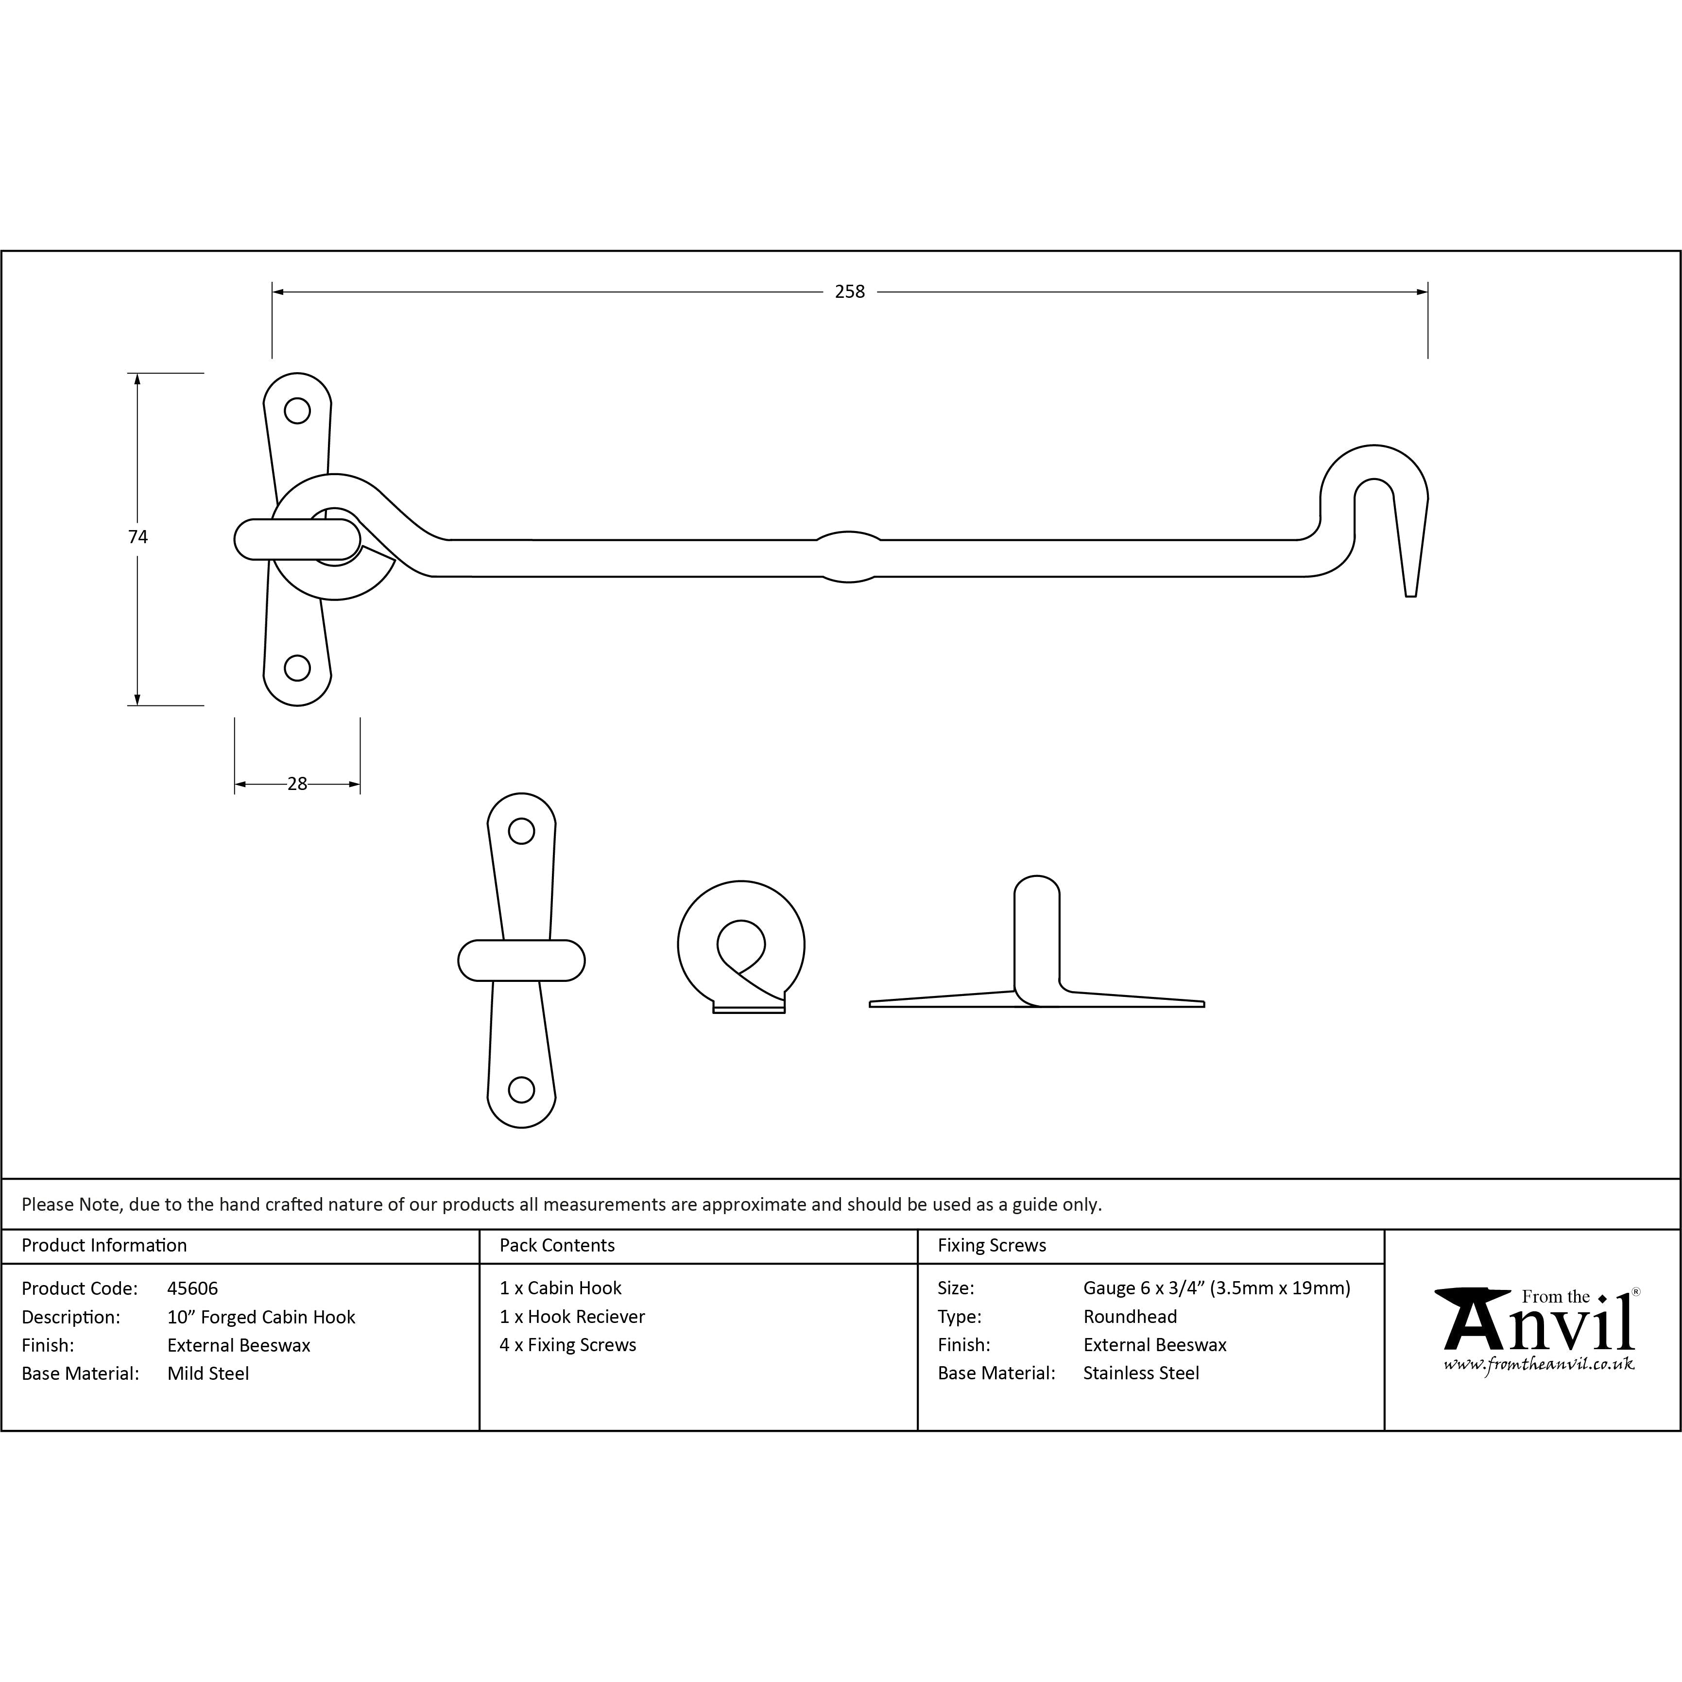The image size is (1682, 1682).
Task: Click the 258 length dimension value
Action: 850,292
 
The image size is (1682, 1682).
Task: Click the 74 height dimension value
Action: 137,537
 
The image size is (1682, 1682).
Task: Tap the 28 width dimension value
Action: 297,785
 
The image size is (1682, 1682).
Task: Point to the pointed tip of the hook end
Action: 1411,596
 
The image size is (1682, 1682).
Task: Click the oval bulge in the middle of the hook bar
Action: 849,557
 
